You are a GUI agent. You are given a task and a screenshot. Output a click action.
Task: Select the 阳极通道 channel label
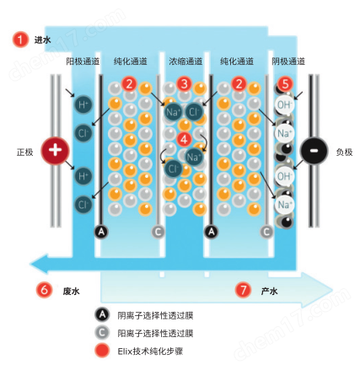coord(83,62)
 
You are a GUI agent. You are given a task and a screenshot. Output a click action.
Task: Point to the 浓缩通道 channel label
coord(185,62)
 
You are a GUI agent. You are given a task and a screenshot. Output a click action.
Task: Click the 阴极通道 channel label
coord(288,62)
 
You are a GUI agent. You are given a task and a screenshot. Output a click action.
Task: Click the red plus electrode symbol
coord(57,152)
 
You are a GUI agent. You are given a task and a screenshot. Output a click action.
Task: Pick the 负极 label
coord(344,153)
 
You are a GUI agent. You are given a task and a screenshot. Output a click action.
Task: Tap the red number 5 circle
coord(285,84)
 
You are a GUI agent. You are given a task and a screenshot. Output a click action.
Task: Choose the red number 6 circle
coord(44,290)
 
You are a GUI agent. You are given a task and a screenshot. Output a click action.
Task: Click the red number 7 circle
coord(243,290)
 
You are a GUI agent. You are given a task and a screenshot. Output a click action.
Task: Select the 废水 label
coord(71,291)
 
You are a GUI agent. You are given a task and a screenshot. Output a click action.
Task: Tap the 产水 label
coord(269,291)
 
